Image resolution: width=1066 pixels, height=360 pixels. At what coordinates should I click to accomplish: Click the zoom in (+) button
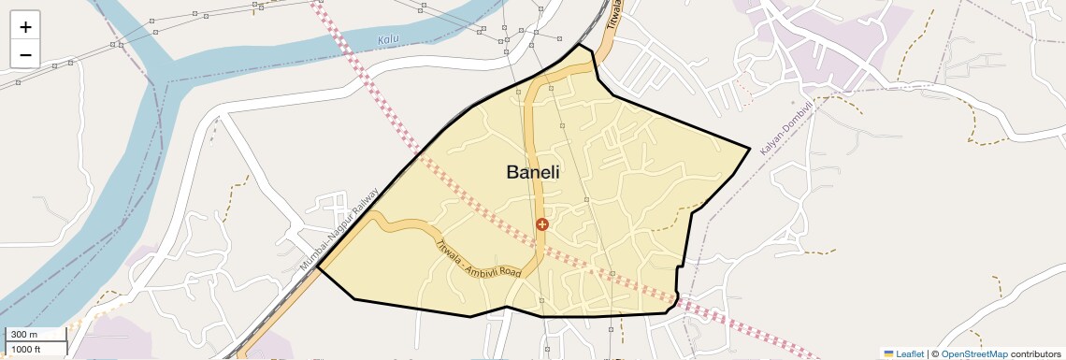click(25, 27)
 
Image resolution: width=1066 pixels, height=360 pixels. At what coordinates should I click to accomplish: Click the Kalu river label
click(389, 40)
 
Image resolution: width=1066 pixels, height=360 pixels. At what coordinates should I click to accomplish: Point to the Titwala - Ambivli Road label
click(478, 259)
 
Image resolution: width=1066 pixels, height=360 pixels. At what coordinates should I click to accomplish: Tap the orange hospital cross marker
click(541, 224)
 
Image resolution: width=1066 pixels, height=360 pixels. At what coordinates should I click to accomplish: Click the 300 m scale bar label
click(24, 335)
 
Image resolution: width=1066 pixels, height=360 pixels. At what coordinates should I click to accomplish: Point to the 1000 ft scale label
click(26, 349)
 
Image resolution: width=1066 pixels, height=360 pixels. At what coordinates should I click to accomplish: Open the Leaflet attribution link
click(910, 353)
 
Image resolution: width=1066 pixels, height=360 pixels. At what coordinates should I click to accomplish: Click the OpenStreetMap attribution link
click(973, 353)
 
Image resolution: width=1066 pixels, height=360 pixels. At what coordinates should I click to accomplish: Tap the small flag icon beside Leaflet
click(889, 353)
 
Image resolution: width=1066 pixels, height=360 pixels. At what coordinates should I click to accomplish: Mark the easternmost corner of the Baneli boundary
click(750, 148)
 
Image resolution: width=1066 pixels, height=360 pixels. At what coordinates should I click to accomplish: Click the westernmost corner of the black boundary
click(318, 266)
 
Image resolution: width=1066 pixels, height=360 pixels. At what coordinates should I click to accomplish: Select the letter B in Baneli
click(512, 172)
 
